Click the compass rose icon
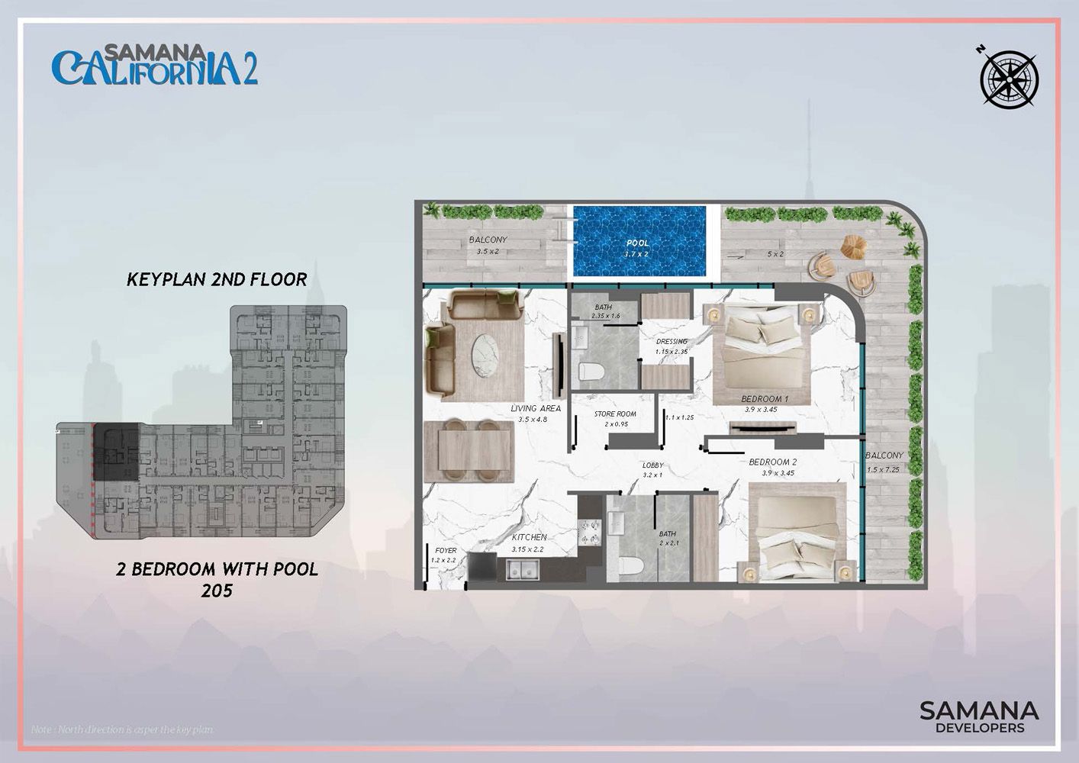point(1009,77)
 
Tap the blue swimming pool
point(637,243)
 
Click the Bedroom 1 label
point(765,399)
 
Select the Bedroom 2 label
point(772,462)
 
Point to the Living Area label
point(535,409)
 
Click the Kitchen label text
point(529,537)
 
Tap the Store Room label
point(615,414)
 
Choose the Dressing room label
point(672,342)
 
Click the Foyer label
point(446,550)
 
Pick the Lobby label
point(652,465)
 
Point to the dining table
point(469,449)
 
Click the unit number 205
point(217,590)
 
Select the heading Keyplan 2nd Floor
point(217,279)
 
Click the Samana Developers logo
point(979,716)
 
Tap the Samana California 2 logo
point(154,65)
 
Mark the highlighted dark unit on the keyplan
point(116,452)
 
